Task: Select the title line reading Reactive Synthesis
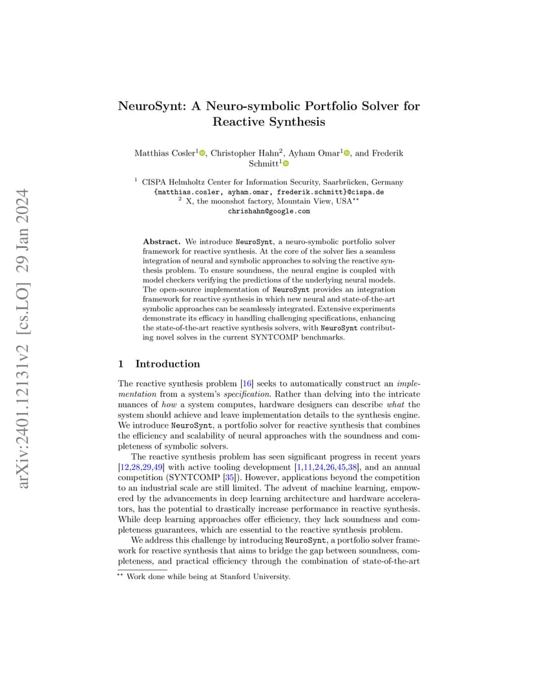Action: [x=268, y=121]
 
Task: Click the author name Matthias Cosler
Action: [x=164, y=153]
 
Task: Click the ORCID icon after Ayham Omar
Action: [x=347, y=153]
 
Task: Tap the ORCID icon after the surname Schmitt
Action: [x=286, y=164]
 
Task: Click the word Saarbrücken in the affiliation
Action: [x=342, y=183]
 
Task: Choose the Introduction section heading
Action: [x=167, y=364]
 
